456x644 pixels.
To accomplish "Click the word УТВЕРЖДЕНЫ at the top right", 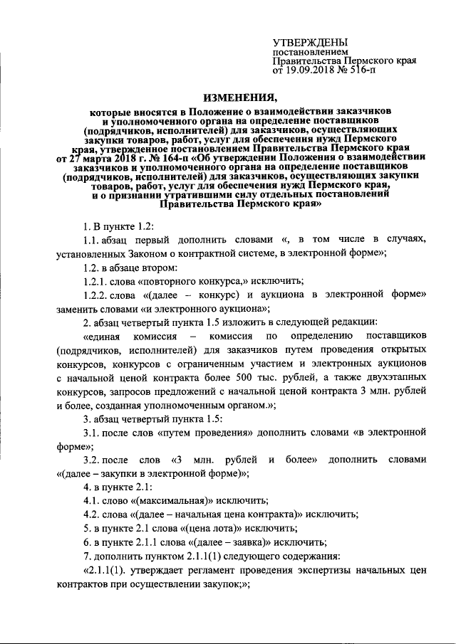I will click(x=311, y=43).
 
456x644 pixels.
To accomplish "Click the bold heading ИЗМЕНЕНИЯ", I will click(x=242, y=97).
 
